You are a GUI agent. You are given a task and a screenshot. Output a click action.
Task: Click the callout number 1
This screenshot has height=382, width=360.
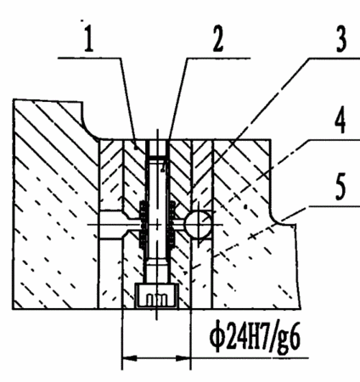pyautogui.click(x=89, y=39)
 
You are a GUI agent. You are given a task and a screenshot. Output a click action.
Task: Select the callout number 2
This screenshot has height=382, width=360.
pyautogui.click(x=218, y=39)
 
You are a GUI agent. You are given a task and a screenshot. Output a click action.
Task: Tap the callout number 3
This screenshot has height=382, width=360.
pyautogui.click(x=341, y=39)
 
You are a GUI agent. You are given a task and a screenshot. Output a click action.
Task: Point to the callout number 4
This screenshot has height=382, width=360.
pyautogui.click(x=340, y=120)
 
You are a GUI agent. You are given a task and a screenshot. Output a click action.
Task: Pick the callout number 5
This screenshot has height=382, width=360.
pyautogui.click(x=340, y=187)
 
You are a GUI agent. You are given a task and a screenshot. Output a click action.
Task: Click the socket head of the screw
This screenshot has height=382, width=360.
pyautogui.click(x=156, y=295)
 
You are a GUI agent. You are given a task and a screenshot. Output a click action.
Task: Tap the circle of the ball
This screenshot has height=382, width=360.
pyautogui.click(x=198, y=224)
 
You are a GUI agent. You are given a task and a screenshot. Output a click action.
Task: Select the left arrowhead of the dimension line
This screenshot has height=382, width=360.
pyautogui.click(x=129, y=358)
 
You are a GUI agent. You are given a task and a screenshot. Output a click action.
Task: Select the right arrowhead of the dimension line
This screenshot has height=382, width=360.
pyautogui.click(x=183, y=358)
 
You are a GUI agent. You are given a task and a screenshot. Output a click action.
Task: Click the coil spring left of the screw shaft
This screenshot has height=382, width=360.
pyautogui.click(x=143, y=225)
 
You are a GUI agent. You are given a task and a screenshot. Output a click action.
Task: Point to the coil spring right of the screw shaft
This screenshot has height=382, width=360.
pyautogui.click(x=172, y=224)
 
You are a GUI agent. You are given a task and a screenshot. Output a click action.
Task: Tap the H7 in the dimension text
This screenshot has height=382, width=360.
pyautogui.click(x=257, y=337)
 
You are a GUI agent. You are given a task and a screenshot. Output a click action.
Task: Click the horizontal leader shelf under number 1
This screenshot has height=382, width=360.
pyautogui.click(x=90, y=58)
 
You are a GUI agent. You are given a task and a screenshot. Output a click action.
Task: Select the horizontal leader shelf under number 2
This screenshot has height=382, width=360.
pyautogui.click(x=218, y=59)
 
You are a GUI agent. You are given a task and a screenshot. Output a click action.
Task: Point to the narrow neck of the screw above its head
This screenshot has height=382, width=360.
pyautogui.click(x=157, y=270)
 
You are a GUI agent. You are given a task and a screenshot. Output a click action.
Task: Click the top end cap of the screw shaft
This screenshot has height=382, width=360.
pyautogui.click(x=157, y=157)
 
